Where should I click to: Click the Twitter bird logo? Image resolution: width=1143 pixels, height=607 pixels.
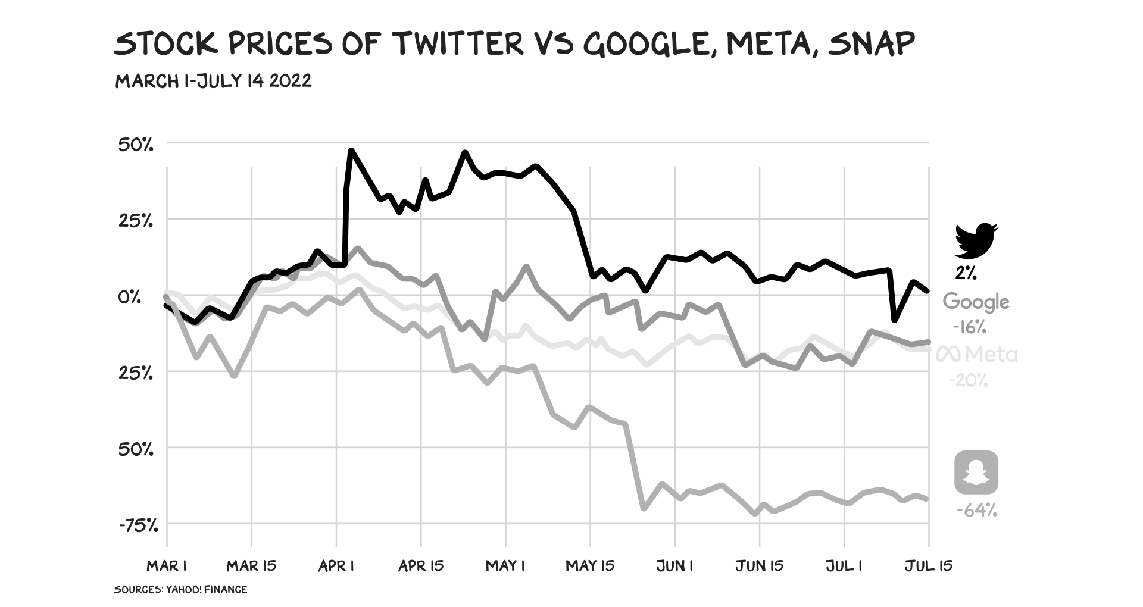coord(976,240)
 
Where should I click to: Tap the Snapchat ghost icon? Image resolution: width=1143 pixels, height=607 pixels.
coord(976,473)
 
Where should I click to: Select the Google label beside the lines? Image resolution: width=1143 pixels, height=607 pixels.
coord(976,302)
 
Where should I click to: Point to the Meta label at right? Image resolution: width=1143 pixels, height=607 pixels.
coord(977,355)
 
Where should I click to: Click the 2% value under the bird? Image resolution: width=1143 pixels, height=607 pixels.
coord(966,273)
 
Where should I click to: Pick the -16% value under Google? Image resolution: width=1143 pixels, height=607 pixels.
coord(969,327)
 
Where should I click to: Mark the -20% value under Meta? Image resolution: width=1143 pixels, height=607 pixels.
coord(969,380)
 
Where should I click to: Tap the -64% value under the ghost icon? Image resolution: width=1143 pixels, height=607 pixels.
coord(976,510)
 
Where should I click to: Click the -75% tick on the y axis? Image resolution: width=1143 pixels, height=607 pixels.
coord(139,525)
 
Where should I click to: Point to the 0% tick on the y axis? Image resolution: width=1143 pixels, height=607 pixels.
coord(129,296)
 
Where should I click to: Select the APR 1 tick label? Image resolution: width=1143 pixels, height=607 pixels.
coord(336,565)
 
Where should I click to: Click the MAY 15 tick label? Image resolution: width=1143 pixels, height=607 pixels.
coord(590,565)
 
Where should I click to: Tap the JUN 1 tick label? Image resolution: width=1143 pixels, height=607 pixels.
coord(674,565)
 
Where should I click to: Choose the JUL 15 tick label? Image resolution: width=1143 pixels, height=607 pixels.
coord(929,565)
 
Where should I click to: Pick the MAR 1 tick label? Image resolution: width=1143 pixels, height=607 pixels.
coord(167,565)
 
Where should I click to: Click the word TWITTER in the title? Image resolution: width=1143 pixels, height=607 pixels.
coord(457,43)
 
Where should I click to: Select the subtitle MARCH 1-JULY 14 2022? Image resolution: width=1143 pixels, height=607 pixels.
coord(213,80)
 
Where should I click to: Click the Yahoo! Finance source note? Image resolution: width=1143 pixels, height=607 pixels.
coord(180,589)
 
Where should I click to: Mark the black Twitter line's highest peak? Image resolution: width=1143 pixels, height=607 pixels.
coord(351,151)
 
